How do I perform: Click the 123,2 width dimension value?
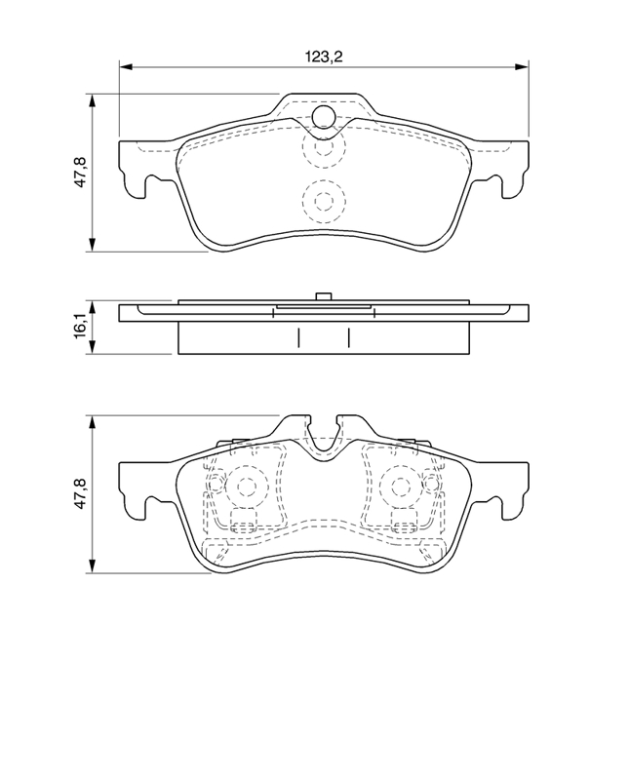[x=324, y=57]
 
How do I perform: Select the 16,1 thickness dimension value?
[x=81, y=327]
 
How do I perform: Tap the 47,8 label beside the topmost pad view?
[x=81, y=173]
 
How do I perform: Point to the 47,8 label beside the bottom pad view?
[x=81, y=493]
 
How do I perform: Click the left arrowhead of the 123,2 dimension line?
[x=126, y=66]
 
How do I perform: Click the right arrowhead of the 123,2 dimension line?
[x=522, y=66]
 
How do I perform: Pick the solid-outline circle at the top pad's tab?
[x=324, y=116]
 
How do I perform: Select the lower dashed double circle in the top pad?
[x=324, y=202]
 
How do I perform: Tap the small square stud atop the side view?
[x=324, y=296]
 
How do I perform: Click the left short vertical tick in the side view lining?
[x=298, y=337]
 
